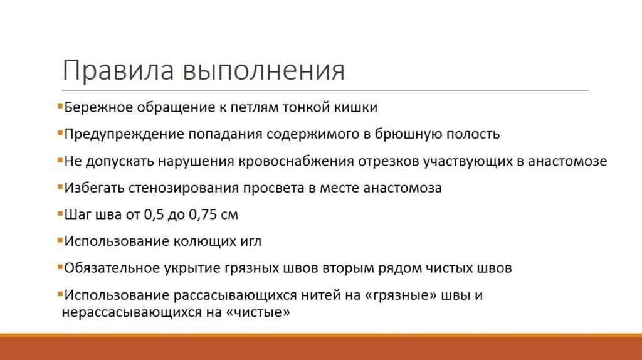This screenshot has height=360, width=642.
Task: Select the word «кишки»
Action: pos(358,107)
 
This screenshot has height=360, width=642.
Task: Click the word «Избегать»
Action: pos(92,188)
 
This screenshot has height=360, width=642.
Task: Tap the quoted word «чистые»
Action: pos(261,311)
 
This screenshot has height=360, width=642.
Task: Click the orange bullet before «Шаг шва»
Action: pos(60,214)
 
